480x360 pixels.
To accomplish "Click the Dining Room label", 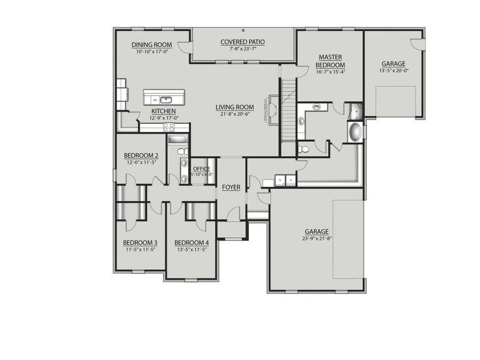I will tap(151, 45).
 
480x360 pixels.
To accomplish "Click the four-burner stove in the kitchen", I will tap(169, 127).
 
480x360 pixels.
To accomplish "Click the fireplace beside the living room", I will tap(273, 109).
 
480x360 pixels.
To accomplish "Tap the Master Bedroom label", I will tap(331, 61).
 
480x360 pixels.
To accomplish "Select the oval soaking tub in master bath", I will tap(354, 132).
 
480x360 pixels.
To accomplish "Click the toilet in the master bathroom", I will tap(303, 149).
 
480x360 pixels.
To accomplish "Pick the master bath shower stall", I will tap(355, 112).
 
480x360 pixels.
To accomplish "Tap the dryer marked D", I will tap(291, 180).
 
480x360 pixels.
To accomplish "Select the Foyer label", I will tap(231, 187).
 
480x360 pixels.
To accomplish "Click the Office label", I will tap(202, 169).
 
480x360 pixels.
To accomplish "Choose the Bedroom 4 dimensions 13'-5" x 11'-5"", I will tap(191, 249).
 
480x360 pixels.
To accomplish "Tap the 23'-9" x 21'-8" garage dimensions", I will tap(316, 239).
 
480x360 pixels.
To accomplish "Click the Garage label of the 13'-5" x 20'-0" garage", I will tap(393, 63).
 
